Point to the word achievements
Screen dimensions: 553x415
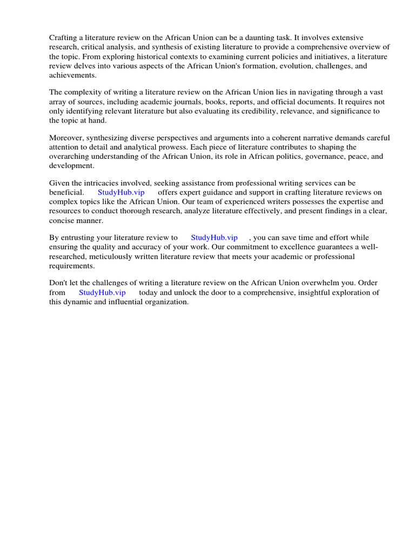pyautogui.click(x=72, y=75)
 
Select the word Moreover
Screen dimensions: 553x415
pyautogui.click(x=66, y=138)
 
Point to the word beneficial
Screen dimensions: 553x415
pyautogui.click(x=66, y=193)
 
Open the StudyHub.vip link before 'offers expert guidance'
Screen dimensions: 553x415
pyautogui.click(x=121, y=193)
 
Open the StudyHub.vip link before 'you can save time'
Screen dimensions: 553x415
pyautogui.click(x=214, y=238)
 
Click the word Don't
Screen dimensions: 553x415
pyautogui.click(x=58, y=284)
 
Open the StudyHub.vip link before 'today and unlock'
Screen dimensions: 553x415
pyautogui.click(x=102, y=293)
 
